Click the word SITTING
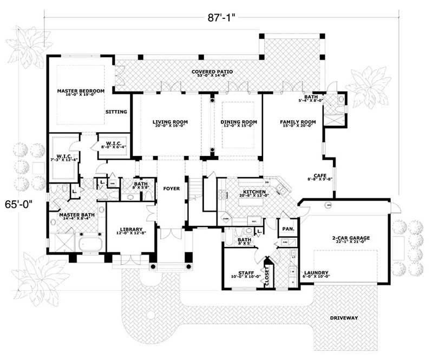(116, 112)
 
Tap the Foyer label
(171, 188)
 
